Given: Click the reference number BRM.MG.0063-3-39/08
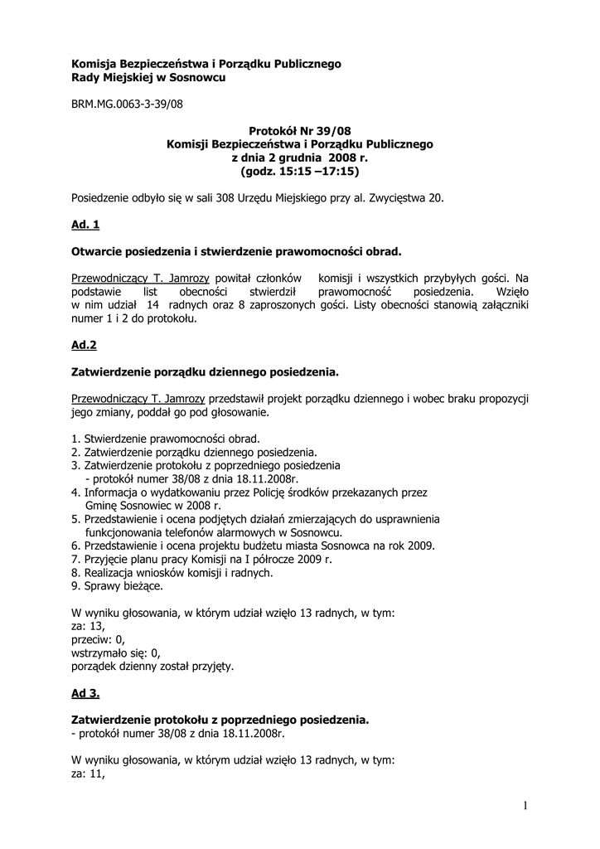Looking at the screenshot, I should (127, 105).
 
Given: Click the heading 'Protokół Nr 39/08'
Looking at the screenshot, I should (299, 131).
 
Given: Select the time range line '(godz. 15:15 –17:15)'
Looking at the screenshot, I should (299, 171).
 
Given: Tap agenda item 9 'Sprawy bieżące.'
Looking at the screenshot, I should (117, 585).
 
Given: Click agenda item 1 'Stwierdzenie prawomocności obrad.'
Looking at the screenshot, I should (166, 439).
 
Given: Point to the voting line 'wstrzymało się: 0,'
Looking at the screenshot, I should (115, 653).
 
